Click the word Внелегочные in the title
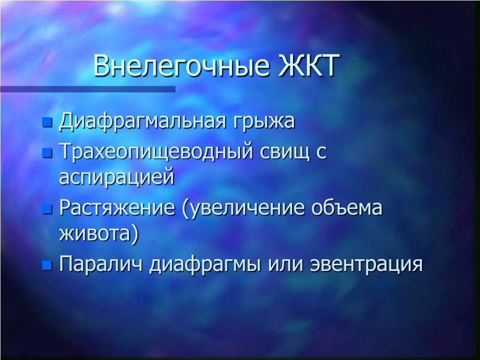point(181,65)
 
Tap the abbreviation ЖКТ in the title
point(309,65)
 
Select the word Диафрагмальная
point(142,121)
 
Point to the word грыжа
point(264,122)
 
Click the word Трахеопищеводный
point(156,151)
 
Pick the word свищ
point(285,151)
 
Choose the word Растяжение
point(117,208)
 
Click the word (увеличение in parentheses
point(243,209)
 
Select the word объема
point(347,207)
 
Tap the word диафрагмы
point(205,264)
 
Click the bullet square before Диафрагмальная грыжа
point(47,122)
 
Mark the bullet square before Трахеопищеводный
point(47,153)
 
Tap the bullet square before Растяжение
point(47,209)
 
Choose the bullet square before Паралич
point(47,265)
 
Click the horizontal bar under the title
point(88,89)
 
